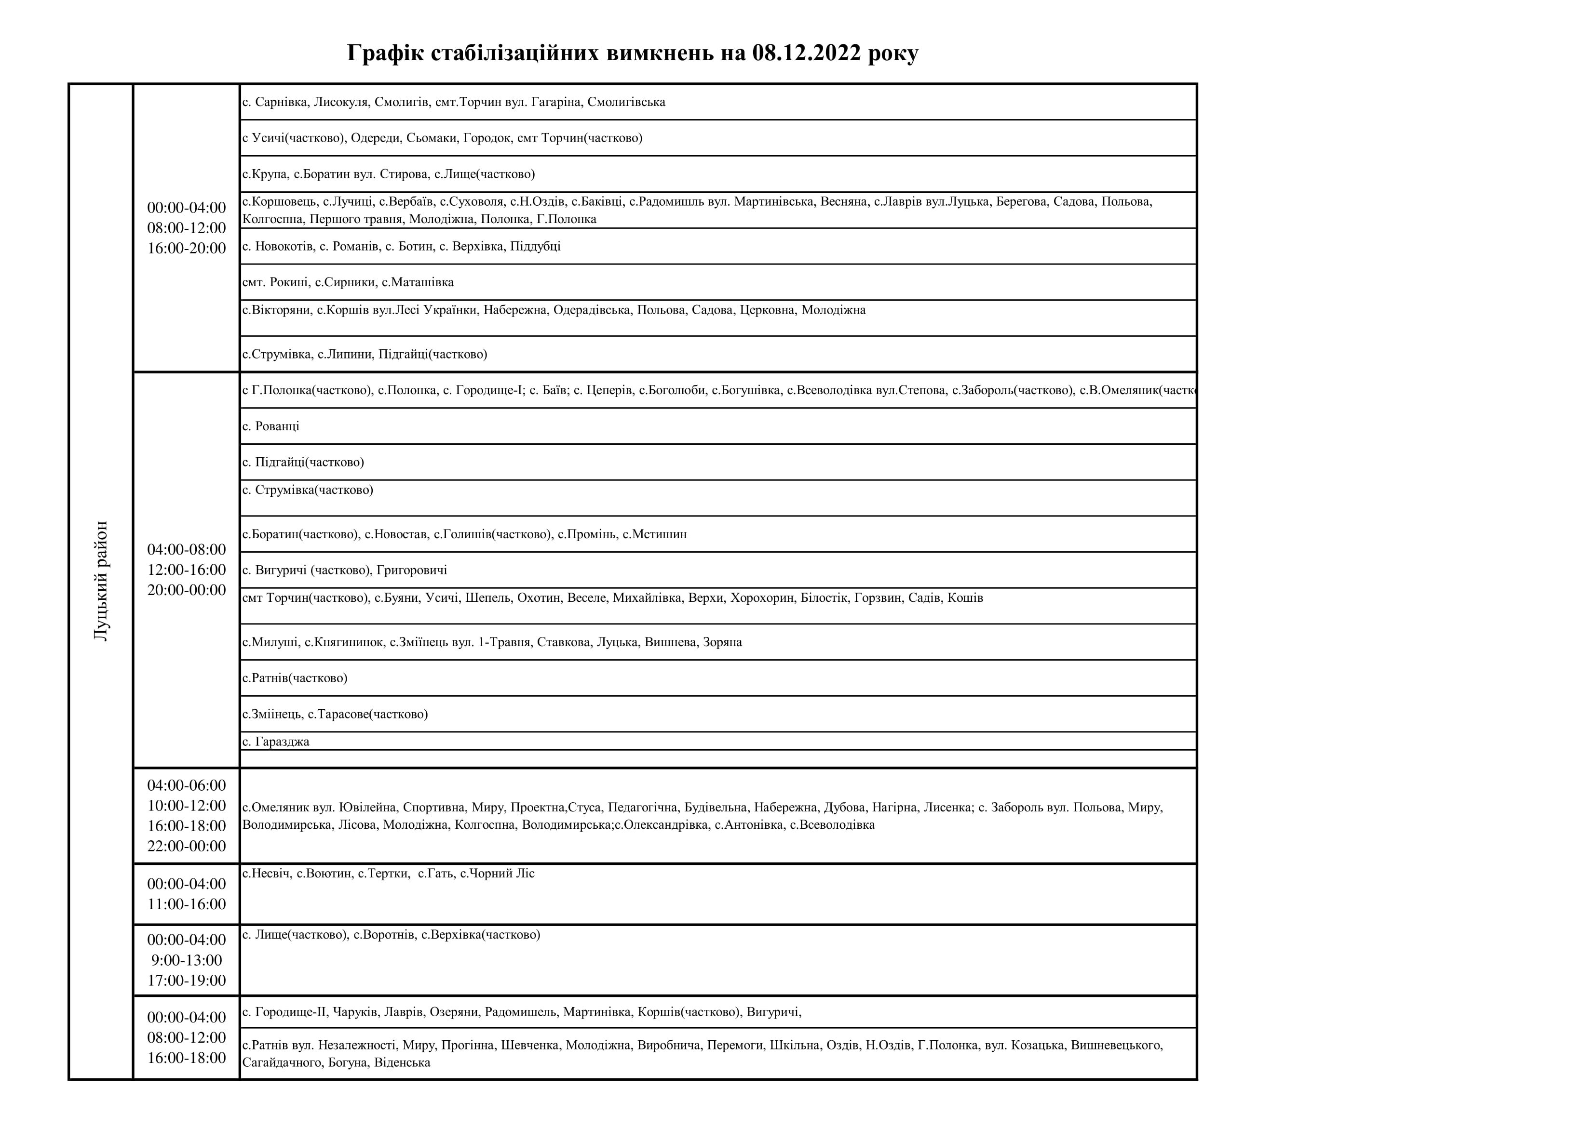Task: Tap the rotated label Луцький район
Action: [x=101, y=581]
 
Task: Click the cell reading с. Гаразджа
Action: [x=276, y=741]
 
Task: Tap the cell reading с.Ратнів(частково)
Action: [x=295, y=678]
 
